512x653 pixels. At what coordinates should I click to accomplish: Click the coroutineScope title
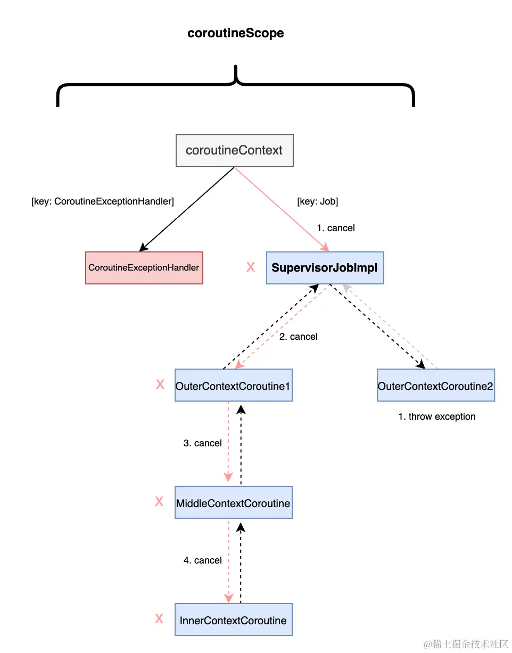coord(235,33)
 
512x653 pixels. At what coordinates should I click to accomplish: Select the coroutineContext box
coord(234,150)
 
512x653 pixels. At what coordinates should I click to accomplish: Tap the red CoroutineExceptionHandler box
coord(144,267)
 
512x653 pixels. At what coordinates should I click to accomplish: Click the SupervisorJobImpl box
coord(325,267)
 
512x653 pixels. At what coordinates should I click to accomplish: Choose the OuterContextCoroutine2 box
coord(435,385)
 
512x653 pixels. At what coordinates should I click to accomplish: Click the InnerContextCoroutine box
coord(233,619)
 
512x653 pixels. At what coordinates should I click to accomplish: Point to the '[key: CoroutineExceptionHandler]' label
coord(103,201)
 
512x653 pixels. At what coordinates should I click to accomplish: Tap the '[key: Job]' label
coord(317,201)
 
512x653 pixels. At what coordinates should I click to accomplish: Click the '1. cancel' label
coord(335,228)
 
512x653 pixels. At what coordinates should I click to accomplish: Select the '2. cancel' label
coord(298,337)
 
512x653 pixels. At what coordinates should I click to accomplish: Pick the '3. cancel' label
coord(202,443)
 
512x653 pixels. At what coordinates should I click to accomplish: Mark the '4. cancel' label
coord(202,560)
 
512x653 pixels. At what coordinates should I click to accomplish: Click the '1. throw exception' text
coord(436,417)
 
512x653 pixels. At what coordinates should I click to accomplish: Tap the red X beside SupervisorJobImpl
coord(251,267)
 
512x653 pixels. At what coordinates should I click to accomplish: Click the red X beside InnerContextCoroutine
coord(159,619)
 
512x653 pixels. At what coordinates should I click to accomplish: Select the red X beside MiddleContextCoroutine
coord(159,502)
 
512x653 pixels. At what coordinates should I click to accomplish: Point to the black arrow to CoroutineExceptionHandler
coord(186,210)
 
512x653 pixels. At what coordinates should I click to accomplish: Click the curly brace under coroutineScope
coord(235,85)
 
